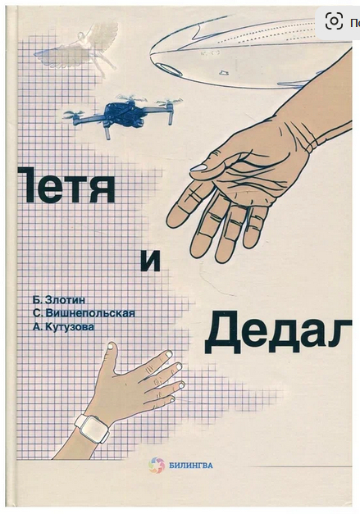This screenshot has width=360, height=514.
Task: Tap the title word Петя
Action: pyautogui.click(x=66, y=184)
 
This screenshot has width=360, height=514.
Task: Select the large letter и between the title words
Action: pyautogui.click(x=151, y=261)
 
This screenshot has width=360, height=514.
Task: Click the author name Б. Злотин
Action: pyautogui.click(x=59, y=299)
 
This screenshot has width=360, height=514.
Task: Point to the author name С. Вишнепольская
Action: pyautogui.click(x=84, y=313)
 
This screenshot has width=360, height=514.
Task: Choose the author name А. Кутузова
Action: pyautogui.click(x=63, y=326)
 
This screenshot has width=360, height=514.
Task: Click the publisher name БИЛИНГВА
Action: pyautogui.click(x=191, y=465)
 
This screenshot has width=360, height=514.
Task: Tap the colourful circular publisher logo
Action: pyautogui.click(x=157, y=466)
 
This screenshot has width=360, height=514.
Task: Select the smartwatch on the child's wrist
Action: pyautogui.click(x=93, y=427)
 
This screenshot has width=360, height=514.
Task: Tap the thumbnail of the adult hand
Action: pyautogui.click(x=198, y=168)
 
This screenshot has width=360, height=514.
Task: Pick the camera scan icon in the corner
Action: pyautogui.click(x=334, y=21)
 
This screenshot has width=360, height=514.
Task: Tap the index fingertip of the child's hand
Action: pyautogui.click(x=169, y=353)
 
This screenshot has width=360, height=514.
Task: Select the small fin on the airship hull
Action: pyautogui.click(x=224, y=72)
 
